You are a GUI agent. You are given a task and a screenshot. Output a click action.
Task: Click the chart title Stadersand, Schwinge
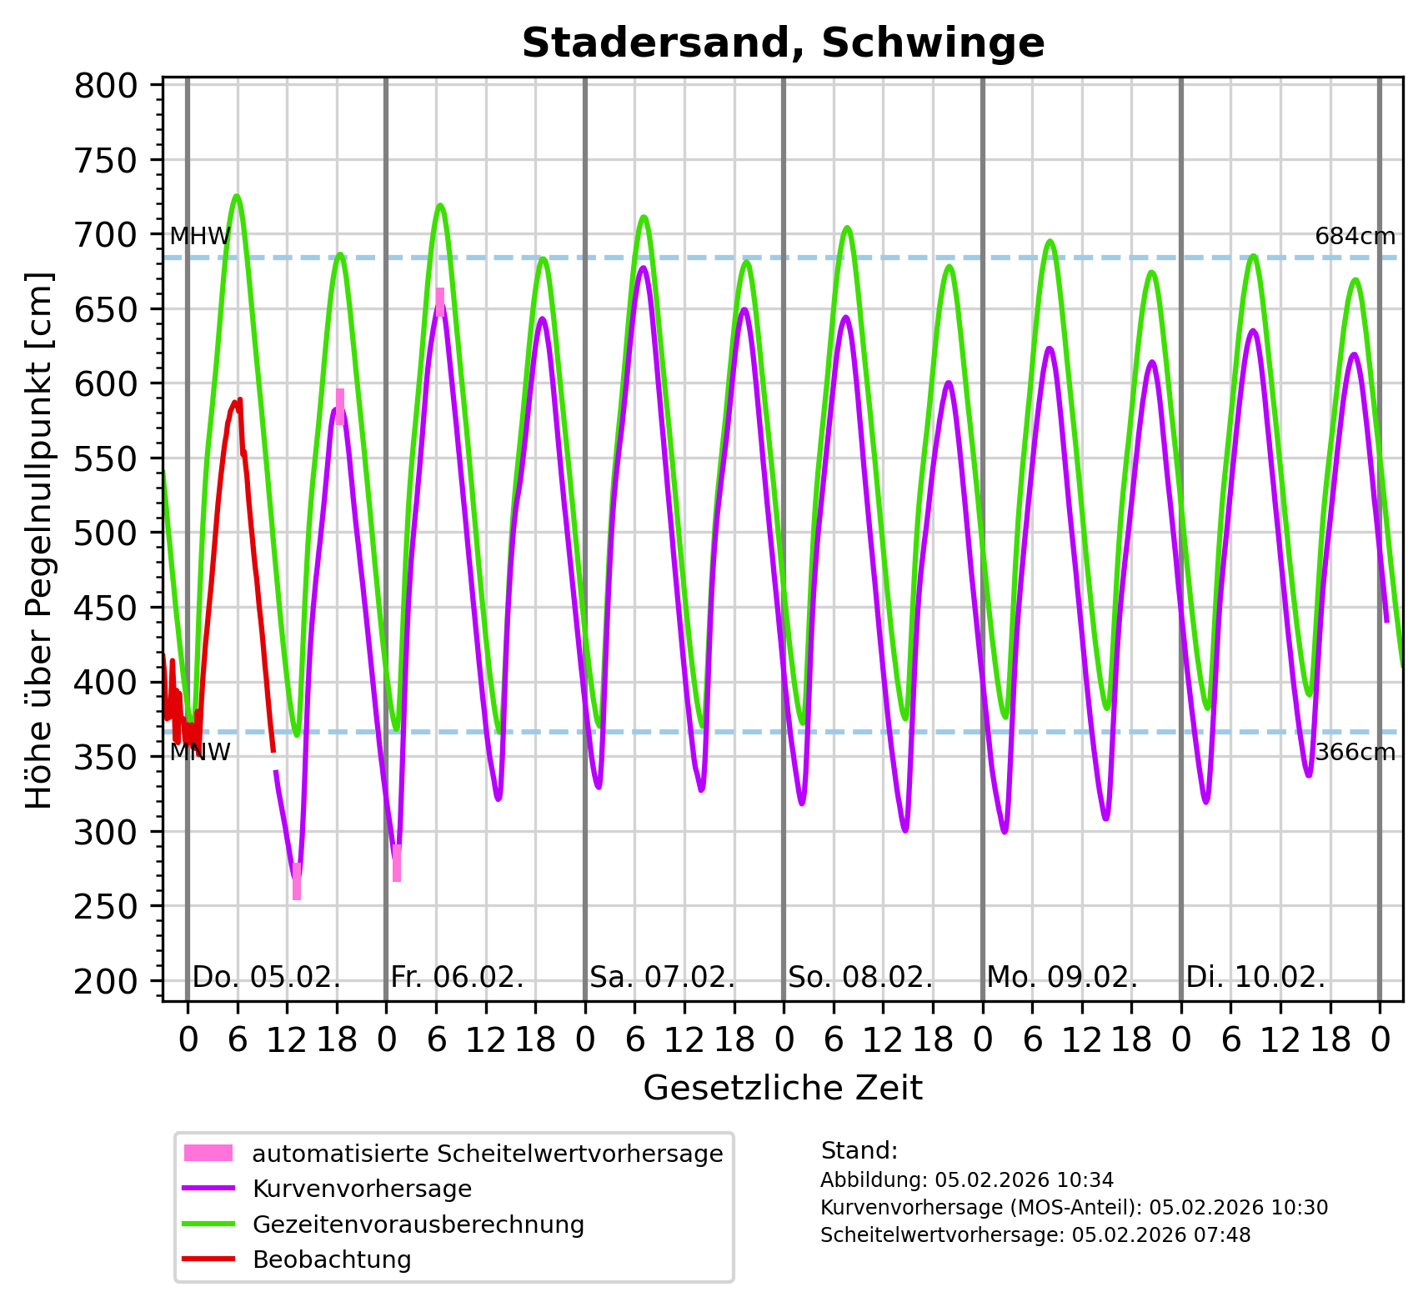click(783, 43)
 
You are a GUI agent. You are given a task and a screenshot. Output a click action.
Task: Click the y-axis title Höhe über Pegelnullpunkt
click(40, 540)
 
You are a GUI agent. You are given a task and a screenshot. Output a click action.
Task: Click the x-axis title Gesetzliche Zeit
click(783, 1089)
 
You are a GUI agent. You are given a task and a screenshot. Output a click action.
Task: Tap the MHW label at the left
click(200, 237)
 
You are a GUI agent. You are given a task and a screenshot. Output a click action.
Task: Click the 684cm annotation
click(1355, 237)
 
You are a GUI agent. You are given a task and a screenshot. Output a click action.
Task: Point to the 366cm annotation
click(1355, 753)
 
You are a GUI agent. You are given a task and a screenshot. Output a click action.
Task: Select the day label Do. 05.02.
click(266, 977)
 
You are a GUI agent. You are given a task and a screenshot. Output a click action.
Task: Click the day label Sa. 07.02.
click(662, 977)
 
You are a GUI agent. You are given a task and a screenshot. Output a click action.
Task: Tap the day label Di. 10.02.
click(1255, 977)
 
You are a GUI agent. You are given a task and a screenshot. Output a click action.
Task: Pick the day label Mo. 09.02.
click(1061, 977)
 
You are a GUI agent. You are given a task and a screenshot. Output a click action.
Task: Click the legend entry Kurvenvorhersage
click(362, 1189)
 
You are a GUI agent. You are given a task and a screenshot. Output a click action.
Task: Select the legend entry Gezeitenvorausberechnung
click(418, 1224)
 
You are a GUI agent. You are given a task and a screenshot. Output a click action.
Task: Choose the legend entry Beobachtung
click(332, 1259)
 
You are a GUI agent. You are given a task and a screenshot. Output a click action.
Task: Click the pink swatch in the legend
click(208, 1154)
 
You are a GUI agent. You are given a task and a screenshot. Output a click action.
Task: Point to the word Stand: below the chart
click(859, 1151)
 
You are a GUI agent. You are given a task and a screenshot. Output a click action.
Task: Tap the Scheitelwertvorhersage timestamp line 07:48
click(1035, 1235)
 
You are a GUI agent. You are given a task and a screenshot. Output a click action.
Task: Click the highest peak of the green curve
click(237, 196)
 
